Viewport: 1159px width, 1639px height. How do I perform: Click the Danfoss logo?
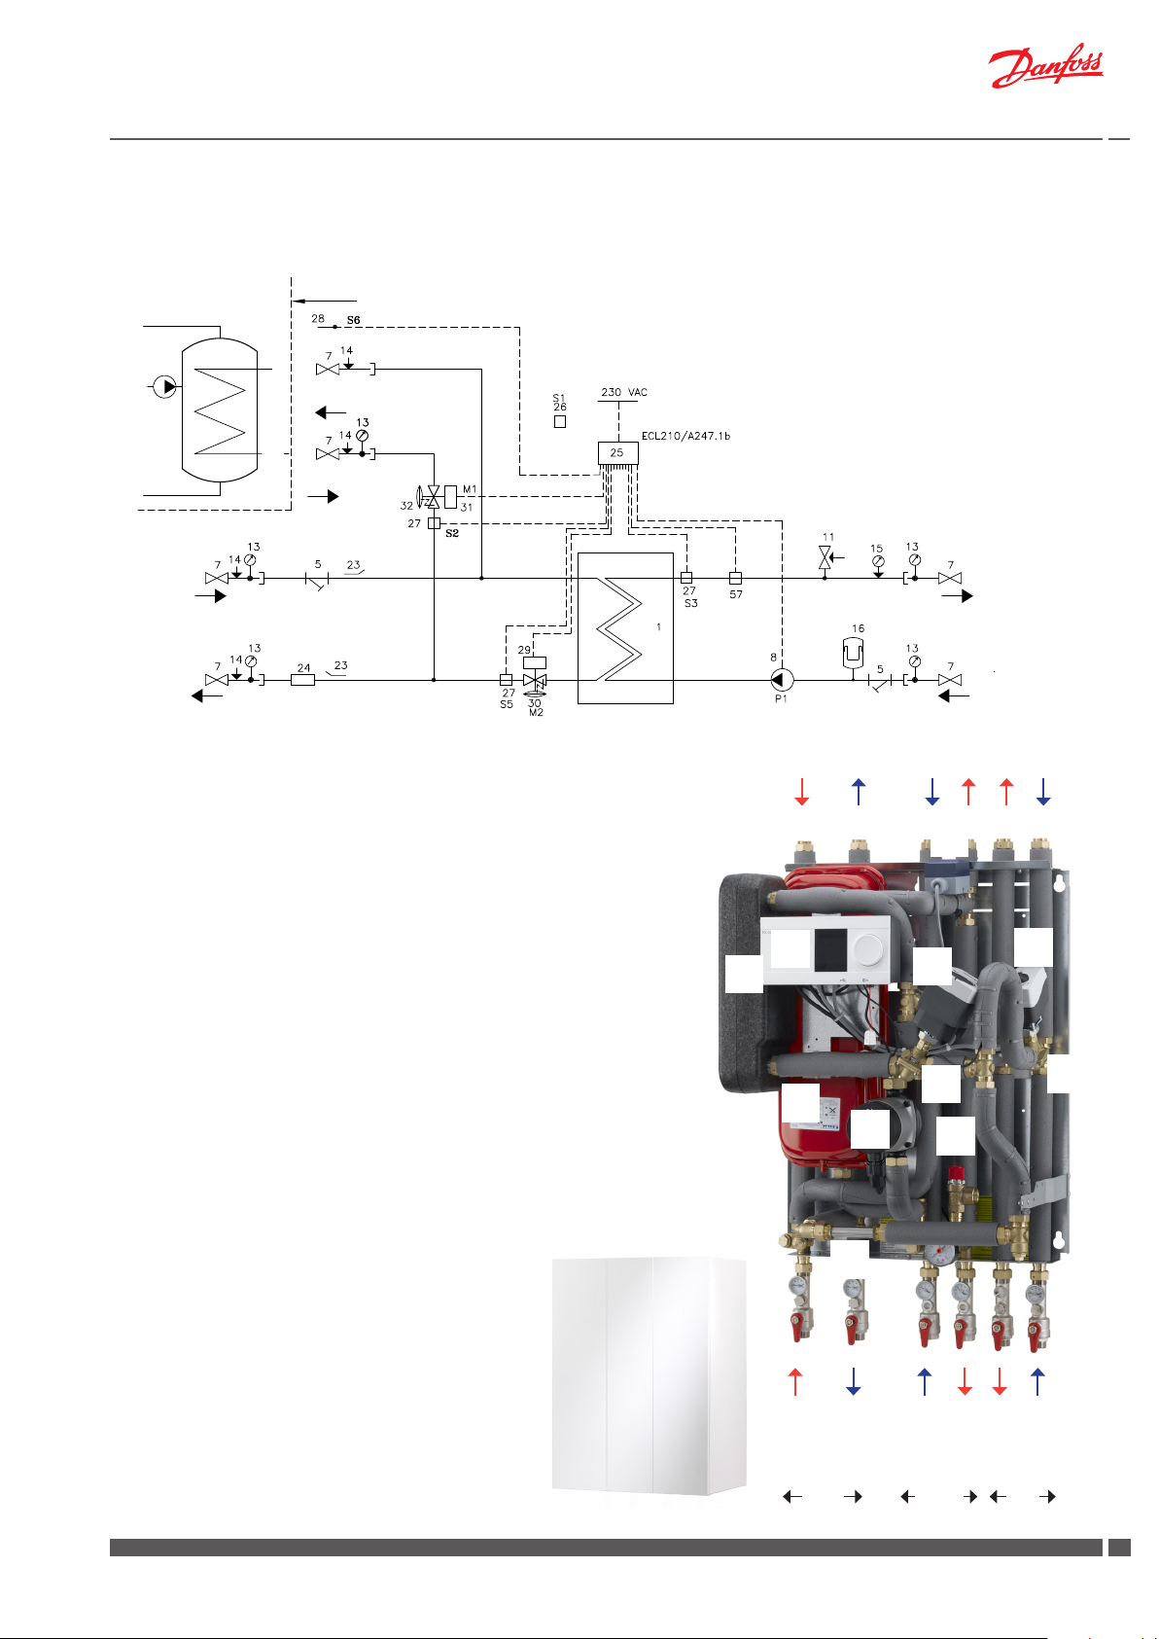[1046, 70]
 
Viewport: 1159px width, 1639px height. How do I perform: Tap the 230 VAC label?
[623, 392]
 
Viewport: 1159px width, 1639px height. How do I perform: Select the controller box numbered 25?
[617, 453]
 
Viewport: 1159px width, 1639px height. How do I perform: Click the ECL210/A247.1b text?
[685, 436]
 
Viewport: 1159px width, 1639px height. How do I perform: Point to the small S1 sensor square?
[560, 422]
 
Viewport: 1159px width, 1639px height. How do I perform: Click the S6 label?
[354, 320]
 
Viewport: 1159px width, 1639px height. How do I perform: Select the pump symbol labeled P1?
[780, 679]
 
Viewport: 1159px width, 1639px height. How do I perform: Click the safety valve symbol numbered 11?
[825, 558]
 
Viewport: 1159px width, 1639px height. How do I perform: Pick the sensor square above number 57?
[735, 578]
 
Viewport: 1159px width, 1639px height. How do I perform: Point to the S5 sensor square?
[506, 680]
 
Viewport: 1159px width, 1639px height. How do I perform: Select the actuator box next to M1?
[450, 495]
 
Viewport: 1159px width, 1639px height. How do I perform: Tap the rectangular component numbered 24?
[303, 680]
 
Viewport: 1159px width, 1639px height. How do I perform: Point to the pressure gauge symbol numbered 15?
[877, 561]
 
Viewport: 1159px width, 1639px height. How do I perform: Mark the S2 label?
[452, 534]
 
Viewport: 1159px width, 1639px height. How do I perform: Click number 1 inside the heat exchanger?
[658, 627]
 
